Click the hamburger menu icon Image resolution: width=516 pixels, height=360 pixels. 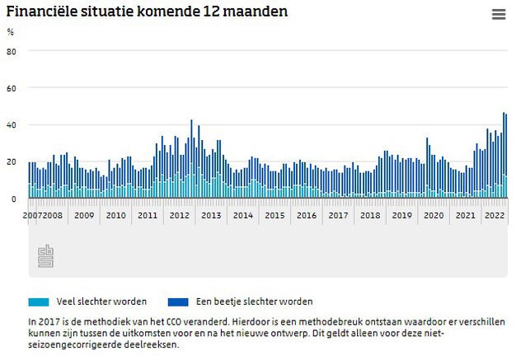498,14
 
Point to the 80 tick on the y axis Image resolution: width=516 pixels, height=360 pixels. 12,51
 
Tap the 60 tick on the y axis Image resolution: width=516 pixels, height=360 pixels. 12,88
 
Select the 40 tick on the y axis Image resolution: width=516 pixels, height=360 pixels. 12,125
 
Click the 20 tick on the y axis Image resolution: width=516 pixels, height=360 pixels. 12,162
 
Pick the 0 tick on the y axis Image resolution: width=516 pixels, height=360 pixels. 13,199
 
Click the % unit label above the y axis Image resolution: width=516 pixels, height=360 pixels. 11,32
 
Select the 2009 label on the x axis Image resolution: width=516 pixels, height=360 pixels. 83,215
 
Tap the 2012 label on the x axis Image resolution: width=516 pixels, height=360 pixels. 179,215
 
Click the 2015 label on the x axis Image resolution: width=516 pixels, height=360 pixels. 274,215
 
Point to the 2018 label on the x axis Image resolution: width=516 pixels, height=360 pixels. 370,215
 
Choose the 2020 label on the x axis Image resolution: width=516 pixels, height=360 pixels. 434,215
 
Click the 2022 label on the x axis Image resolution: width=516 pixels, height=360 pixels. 495,215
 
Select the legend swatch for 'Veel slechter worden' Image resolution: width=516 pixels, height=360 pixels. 40,302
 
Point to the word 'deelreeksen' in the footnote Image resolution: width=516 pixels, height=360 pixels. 151,344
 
